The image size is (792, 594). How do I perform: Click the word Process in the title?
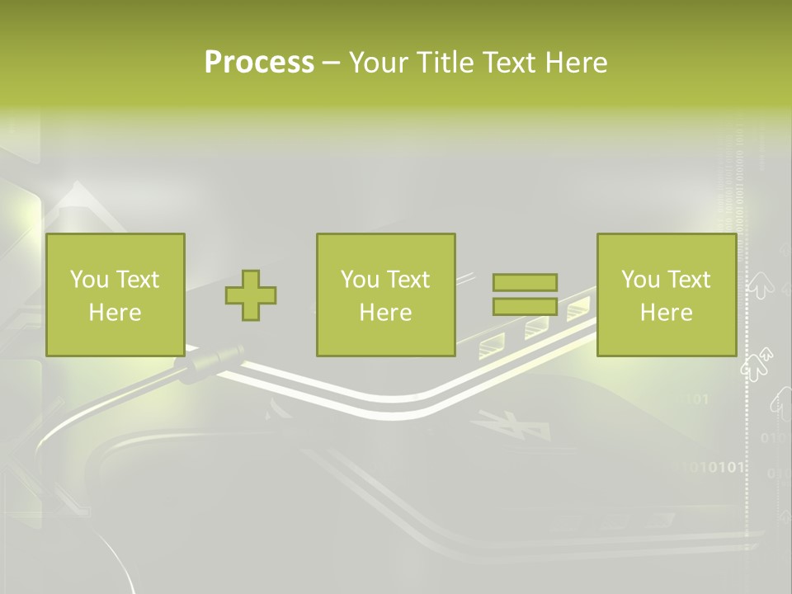(259, 63)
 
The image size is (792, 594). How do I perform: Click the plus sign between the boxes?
(251, 295)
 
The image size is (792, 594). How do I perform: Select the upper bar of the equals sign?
(525, 283)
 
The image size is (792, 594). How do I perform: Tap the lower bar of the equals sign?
(525, 307)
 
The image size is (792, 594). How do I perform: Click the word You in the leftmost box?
(89, 280)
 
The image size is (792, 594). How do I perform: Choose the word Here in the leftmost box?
(115, 313)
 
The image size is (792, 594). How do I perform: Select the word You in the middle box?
(360, 280)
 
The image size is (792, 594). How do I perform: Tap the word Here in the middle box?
(385, 313)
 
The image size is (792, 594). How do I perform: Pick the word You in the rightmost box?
(640, 280)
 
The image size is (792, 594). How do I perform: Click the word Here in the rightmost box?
(666, 313)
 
